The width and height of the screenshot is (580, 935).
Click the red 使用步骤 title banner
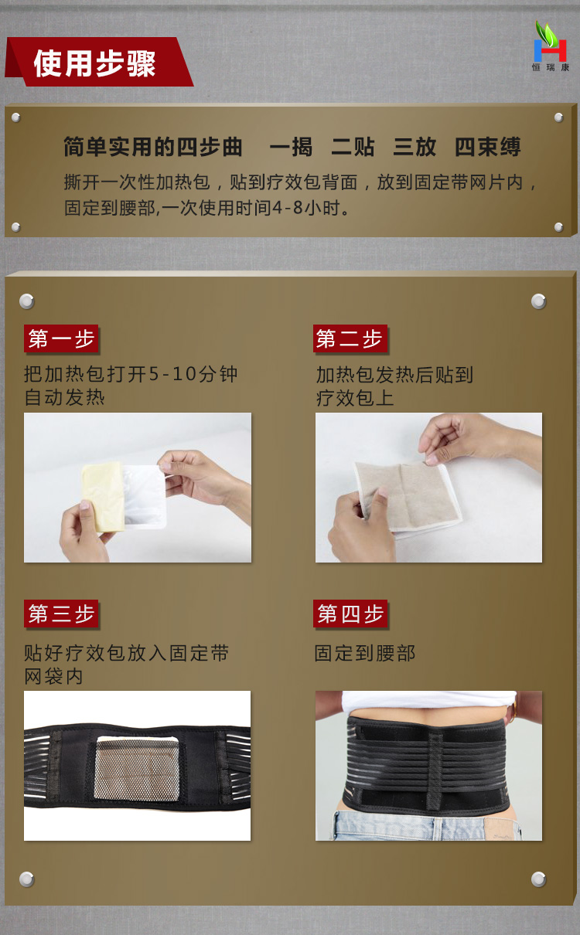[99, 62]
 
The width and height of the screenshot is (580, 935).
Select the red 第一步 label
[61, 338]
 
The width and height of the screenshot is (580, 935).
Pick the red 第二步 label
[350, 338]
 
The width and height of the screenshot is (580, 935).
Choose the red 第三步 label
[61, 614]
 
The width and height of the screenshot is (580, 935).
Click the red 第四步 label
[350, 614]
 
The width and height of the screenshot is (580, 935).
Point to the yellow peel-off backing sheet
[104, 497]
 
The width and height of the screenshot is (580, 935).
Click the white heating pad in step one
[145, 497]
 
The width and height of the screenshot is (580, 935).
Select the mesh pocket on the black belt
[137, 770]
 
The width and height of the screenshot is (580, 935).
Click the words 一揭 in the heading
[292, 147]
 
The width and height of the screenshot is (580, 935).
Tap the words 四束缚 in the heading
[488, 147]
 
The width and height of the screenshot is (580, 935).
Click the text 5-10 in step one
[172, 373]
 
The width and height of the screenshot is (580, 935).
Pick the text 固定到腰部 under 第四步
[365, 653]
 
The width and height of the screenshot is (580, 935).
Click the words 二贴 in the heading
[353, 147]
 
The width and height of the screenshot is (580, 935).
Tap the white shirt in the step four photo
[428, 700]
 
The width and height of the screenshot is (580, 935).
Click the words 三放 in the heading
[415, 147]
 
